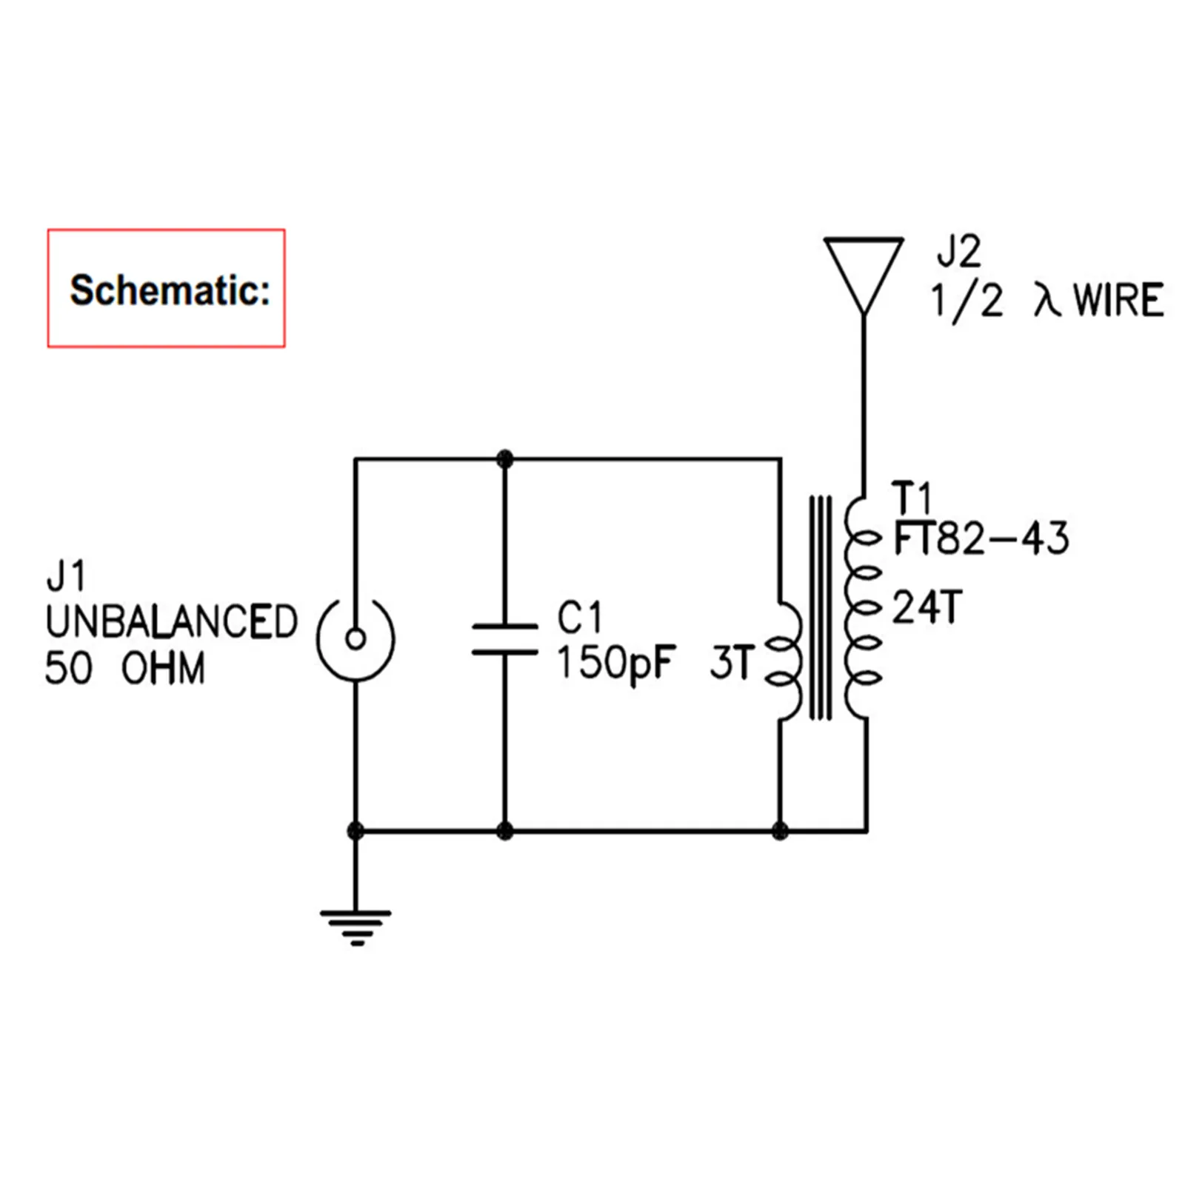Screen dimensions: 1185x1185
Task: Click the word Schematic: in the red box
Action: pyautogui.click(x=170, y=290)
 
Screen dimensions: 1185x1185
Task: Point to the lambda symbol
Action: pyautogui.click(x=1047, y=301)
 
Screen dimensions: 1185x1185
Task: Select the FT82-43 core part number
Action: pyautogui.click(x=981, y=538)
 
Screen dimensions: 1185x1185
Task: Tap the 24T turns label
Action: pyautogui.click(x=927, y=607)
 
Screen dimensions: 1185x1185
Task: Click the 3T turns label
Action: pyautogui.click(x=732, y=662)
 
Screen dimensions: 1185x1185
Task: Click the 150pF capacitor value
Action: pyautogui.click(x=616, y=663)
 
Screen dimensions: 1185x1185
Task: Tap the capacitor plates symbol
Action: pyautogui.click(x=505, y=640)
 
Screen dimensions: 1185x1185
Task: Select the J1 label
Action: pyautogui.click(x=66, y=576)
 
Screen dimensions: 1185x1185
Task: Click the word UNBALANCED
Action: pyautogui.click(x=171, y=621)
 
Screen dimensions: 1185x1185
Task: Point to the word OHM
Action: pyautogui.click(x=163, y=668)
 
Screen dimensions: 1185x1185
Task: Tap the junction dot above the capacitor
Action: pyautogui.click(x=505, y=459)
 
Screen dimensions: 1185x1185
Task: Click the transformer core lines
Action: pyautogui.click(x=820, y=607)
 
